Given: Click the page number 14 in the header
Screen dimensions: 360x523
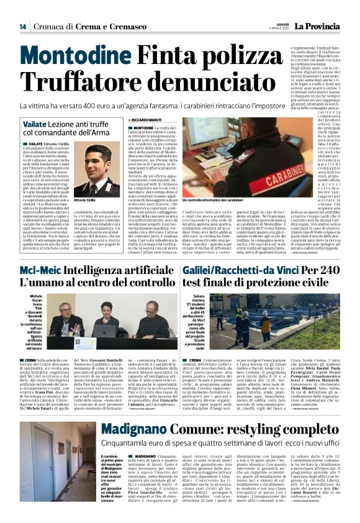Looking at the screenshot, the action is click(22, 27).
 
